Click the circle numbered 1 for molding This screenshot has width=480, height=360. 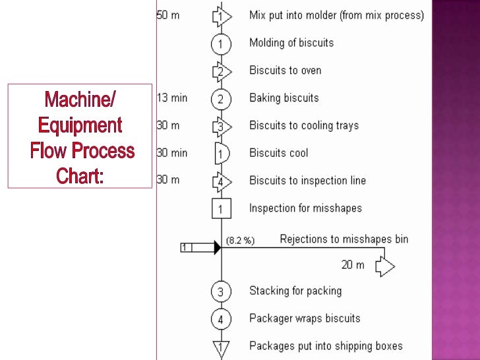click(221, 44)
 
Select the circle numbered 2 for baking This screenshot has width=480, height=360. click(221, 99)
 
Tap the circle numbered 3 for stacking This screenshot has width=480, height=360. click(221, 291)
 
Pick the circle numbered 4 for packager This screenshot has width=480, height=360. click(221, 320)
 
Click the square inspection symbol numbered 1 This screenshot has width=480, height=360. click(221, 209)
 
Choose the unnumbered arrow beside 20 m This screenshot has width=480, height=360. click(384, 266)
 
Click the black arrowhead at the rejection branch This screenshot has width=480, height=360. click(216, 247)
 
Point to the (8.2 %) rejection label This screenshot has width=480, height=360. click(240, 241)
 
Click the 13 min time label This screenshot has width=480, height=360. click(171, 98)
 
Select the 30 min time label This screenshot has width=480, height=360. click(171, 153)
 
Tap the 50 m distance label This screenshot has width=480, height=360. click(167, 15)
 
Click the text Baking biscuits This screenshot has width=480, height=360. click(284, 98)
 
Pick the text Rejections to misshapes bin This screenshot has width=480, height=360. click(344, 239)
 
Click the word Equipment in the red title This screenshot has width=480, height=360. click(80, 125)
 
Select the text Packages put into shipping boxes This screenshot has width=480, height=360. click(326, 345)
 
